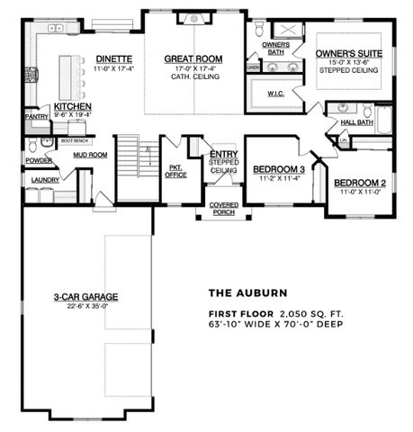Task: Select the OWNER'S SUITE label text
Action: [348, 53]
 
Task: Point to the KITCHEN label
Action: [73, 105]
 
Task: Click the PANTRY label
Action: [36, 116]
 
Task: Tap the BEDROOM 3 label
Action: [278, 168]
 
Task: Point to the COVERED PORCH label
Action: [223, 208]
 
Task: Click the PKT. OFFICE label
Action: [175, 171]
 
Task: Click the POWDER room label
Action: [38, 160]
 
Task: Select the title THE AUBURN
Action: [247, 292]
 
